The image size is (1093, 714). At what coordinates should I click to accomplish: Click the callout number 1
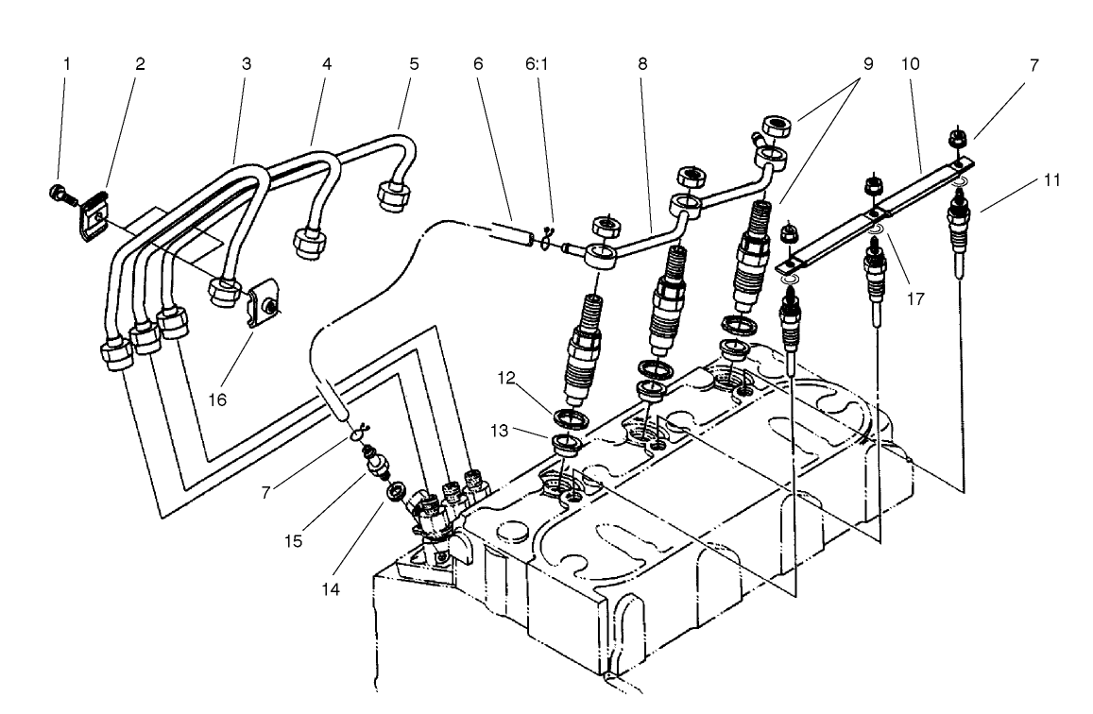pos(66,65)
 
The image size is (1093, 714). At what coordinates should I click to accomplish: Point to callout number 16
pos(217,399)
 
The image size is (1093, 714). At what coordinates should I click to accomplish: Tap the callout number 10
pos(912,65)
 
